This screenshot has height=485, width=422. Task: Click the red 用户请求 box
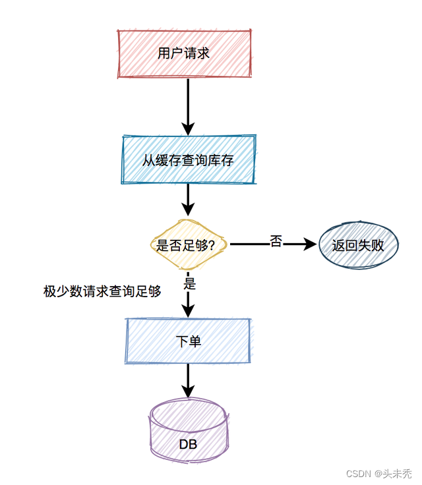[184, 53]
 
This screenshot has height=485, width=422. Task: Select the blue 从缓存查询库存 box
[189, 159]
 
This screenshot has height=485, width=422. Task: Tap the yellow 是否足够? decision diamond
[189, 244]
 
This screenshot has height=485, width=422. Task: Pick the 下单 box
[188, 341]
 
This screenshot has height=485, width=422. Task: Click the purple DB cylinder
[189, 432]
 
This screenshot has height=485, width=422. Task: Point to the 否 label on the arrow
[276, 242]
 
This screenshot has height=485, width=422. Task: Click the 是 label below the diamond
[190, 284]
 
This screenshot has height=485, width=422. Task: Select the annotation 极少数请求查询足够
[102, 292]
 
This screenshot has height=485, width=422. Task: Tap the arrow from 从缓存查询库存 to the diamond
[188, 198]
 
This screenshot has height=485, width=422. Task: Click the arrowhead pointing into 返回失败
[310, 244]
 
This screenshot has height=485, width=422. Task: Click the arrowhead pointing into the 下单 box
[188, 310]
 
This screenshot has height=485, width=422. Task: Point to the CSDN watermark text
[359, 473]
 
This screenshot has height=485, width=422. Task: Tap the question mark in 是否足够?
[211, 245]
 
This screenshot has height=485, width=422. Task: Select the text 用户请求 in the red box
[184, 53]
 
